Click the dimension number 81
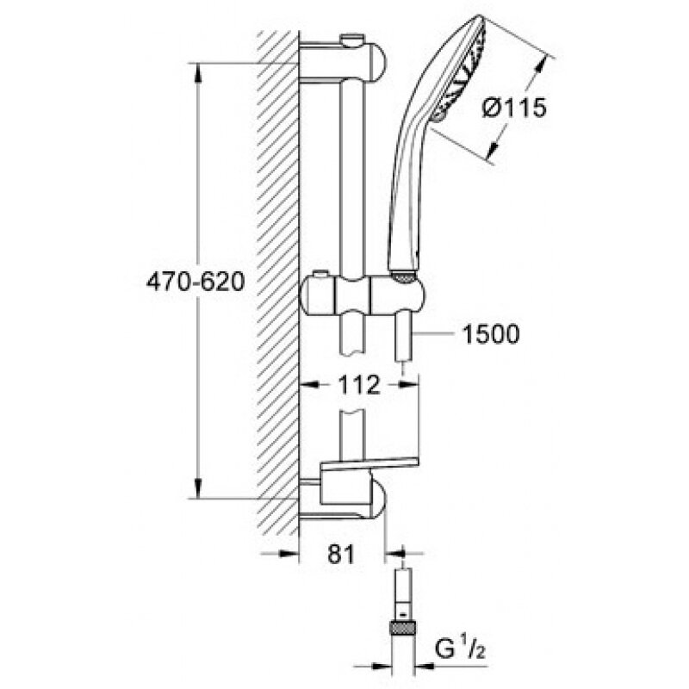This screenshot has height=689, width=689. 341,556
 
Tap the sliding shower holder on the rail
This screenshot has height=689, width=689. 362,295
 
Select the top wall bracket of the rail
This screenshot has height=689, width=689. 344,60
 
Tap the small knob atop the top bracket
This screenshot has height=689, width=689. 351,40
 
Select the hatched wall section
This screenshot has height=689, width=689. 278,284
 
